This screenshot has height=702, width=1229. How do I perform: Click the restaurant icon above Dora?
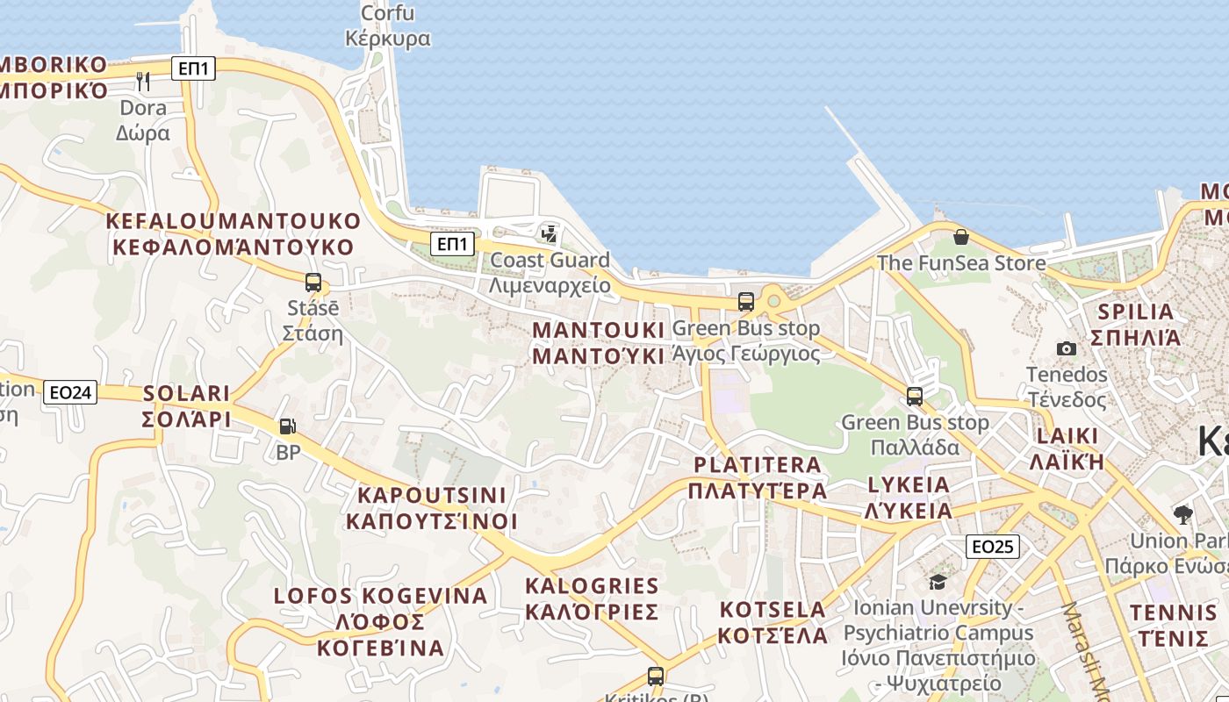143,82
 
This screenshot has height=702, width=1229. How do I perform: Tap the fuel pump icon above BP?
287,427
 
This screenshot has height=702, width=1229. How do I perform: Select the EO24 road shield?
70,392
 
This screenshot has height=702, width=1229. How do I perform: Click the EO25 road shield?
992,547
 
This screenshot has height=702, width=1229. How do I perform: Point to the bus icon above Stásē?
313,283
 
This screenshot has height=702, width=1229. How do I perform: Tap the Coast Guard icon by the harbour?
550,234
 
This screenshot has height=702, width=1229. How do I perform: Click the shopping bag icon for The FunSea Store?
961,237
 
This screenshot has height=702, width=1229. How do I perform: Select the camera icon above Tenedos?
1067,349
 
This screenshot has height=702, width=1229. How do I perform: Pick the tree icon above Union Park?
1182,514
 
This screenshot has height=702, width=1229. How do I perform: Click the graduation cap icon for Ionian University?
938,582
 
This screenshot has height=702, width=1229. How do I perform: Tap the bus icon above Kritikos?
656,677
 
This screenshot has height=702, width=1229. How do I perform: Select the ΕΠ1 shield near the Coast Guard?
452,243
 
